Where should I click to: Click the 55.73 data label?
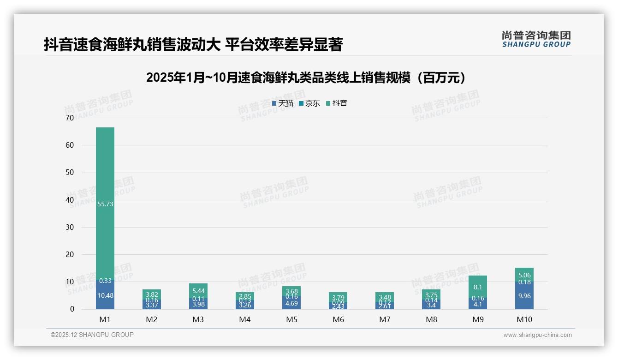tap(105, 204)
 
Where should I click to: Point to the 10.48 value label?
tap(105, 296)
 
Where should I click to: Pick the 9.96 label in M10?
tap(524, 296)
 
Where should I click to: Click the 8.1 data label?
tap(478, 287)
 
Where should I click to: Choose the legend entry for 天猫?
tap(283, 103)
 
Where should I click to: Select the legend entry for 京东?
tap(309, 103)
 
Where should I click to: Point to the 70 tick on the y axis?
tap(70, 118)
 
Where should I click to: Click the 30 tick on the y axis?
tap(70, 227)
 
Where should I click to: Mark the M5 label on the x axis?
tap(291, 319)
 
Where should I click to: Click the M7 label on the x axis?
tap(385, 319)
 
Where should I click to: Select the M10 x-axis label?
tap(524, 319)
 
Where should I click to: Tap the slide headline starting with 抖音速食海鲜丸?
tap(193, 45)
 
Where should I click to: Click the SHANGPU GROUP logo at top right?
tap(536, 39)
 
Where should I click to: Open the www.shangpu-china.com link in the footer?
tap(537, 335)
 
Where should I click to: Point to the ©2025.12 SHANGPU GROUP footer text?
tap(92, 335)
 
